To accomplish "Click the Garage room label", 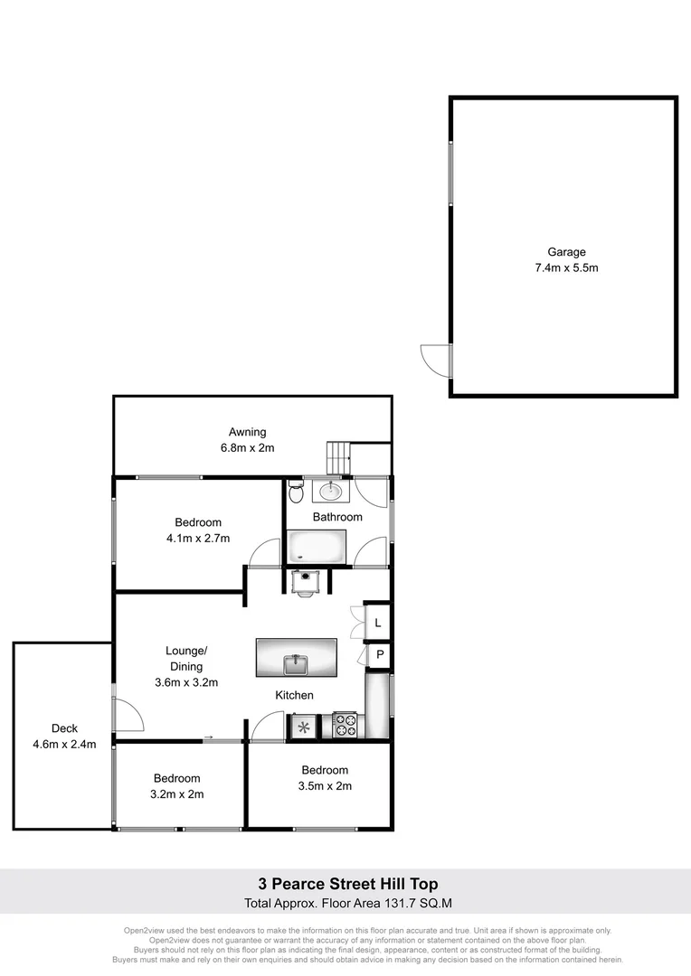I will pos(566,252).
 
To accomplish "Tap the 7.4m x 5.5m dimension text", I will pos(566,267).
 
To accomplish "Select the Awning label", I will pos(247,432).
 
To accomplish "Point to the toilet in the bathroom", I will pos(296,493).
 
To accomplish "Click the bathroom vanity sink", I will pos(330,491).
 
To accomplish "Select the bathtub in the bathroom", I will pos(317,547).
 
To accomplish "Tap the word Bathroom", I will pos(337,517).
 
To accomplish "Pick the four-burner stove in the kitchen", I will pos(346,724).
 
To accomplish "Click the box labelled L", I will pos(378,623).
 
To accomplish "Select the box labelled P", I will pos(380,655).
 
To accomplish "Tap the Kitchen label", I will pos(295,695).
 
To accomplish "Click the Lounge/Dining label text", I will pos(187,651).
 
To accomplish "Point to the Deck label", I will pos(64,728).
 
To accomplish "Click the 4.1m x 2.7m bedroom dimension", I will pos(198,538).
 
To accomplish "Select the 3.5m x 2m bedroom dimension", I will pos(325,785).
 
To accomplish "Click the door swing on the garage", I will pos(435,360).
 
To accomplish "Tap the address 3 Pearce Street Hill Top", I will pos(348,884).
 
